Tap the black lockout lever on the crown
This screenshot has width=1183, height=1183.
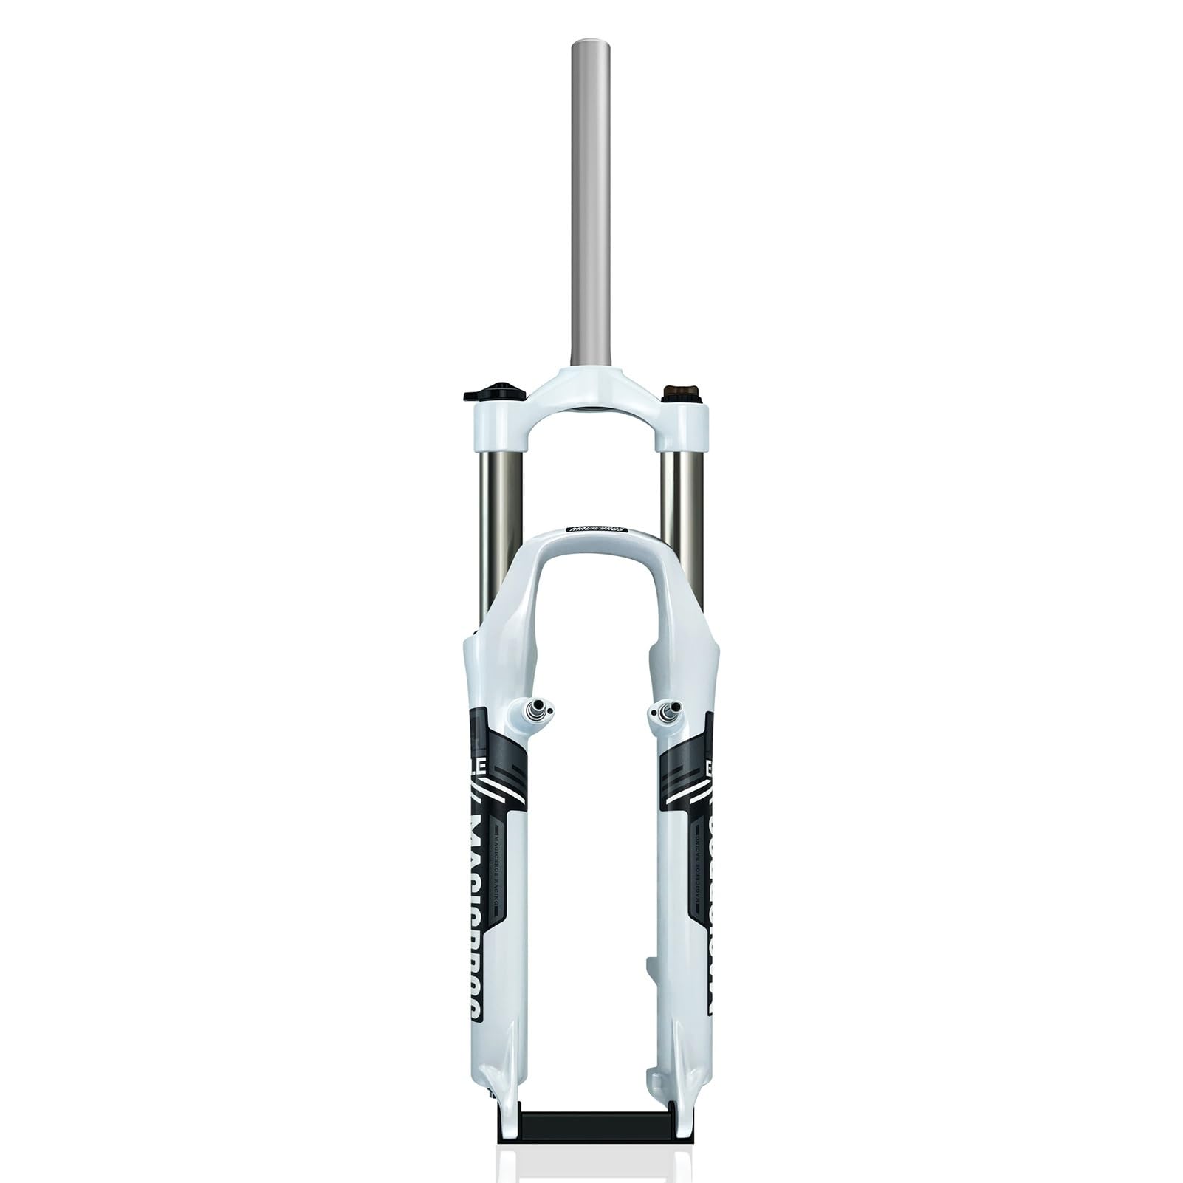coord(493,391)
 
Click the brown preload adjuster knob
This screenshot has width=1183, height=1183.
coord(678,392)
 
